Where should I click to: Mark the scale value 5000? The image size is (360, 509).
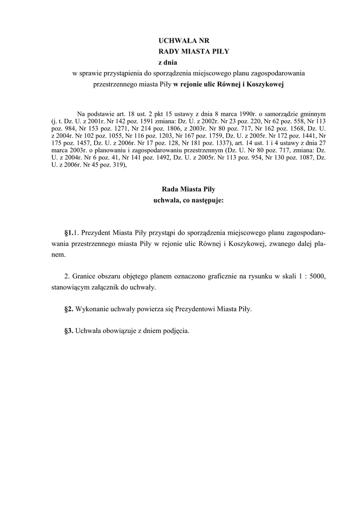pos(317,276)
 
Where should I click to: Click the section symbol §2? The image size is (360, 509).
pos(69,309)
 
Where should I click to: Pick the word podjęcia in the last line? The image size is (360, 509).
pos(176,331)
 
